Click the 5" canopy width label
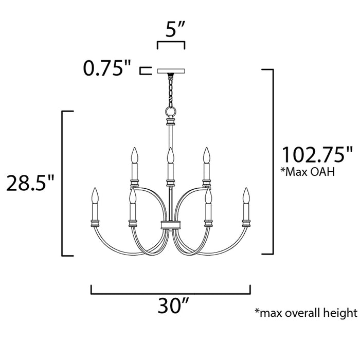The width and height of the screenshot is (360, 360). point(171,30)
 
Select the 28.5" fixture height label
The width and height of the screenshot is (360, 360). point(30,183)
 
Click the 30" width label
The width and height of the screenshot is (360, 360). point(171,307)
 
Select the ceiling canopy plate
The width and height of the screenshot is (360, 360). point(170,71)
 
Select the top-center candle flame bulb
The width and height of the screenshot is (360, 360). point(170,154)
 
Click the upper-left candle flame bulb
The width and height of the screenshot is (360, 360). point(135,154)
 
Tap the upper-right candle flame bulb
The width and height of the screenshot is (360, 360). point(206,154)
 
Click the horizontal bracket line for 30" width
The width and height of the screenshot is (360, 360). point(171,294)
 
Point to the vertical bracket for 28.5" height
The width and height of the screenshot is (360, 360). point(63,183)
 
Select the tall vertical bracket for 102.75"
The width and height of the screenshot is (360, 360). point(271,160)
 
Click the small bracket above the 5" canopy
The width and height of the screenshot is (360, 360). point(171,45)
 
